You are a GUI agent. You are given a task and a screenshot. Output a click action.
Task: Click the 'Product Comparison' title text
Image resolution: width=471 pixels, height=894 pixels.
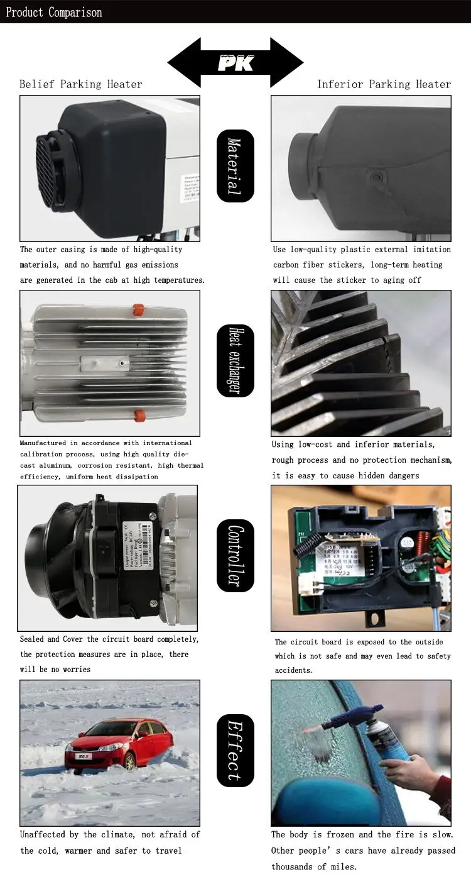pyautogui.click(x=53, y=12)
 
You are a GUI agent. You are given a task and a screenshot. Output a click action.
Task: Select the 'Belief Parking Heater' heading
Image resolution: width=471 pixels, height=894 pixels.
pyautogui.click(x=80, y=84)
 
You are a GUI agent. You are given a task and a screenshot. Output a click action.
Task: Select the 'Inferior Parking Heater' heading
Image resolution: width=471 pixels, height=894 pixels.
pyautogui.click(x=384, y=84)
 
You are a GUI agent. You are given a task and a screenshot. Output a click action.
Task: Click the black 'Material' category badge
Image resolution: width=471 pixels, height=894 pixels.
pyautogui.click(x=235, y=166)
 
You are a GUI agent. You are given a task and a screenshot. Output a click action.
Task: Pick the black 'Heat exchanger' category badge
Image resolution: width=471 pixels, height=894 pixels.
pyautogui.click(x=235, y=360)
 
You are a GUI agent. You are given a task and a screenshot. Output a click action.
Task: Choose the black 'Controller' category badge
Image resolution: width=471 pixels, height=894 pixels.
pyautogui.click(x=235, y=556)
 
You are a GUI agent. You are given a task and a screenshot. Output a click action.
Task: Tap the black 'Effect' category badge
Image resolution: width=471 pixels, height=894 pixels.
pyautogui.click(x=235, y=751)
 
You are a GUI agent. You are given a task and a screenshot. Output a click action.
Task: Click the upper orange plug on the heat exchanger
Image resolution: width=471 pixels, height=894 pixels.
pyautogui.click(x=138, y=310)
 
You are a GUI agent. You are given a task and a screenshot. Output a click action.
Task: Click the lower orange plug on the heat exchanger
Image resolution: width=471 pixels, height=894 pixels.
pyautogui.click(x=139, y=415)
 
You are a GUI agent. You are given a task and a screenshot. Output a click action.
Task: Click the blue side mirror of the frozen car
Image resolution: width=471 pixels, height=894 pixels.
pyautogui.click(x=327, y=798)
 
